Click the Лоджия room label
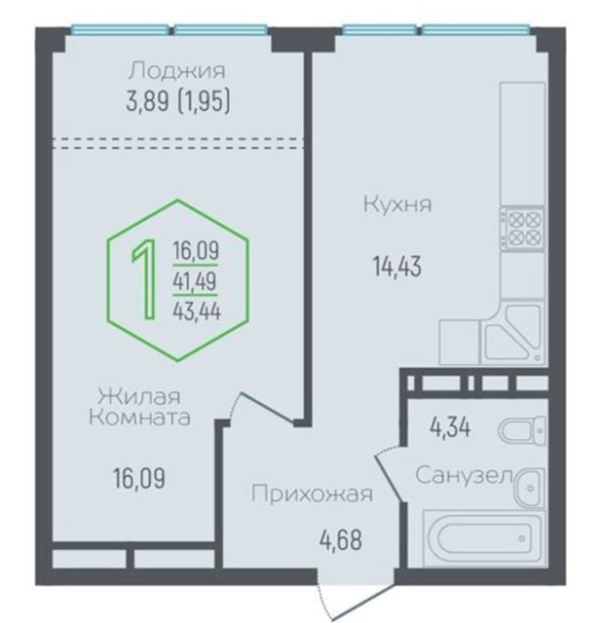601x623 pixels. coord(177,71)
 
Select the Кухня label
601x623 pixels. coord(397,204)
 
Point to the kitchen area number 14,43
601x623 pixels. coord(397,266)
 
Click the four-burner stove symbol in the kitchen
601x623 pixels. coord(522,229)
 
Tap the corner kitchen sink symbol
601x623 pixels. coord(512,334)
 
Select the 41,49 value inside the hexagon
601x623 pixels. coord(195,281)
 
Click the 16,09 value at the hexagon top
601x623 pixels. coord(196,251)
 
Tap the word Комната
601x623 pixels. coord(139,418)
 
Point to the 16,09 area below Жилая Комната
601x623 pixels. coord(139,478)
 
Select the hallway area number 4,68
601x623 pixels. coord(341,540)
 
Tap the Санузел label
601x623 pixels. coord(464,475)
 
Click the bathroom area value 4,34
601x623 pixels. coord(450,428)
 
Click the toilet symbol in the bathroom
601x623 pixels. coord(522,430)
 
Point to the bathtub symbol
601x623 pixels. coord(483,538)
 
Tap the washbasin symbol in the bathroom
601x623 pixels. coord(529,488)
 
